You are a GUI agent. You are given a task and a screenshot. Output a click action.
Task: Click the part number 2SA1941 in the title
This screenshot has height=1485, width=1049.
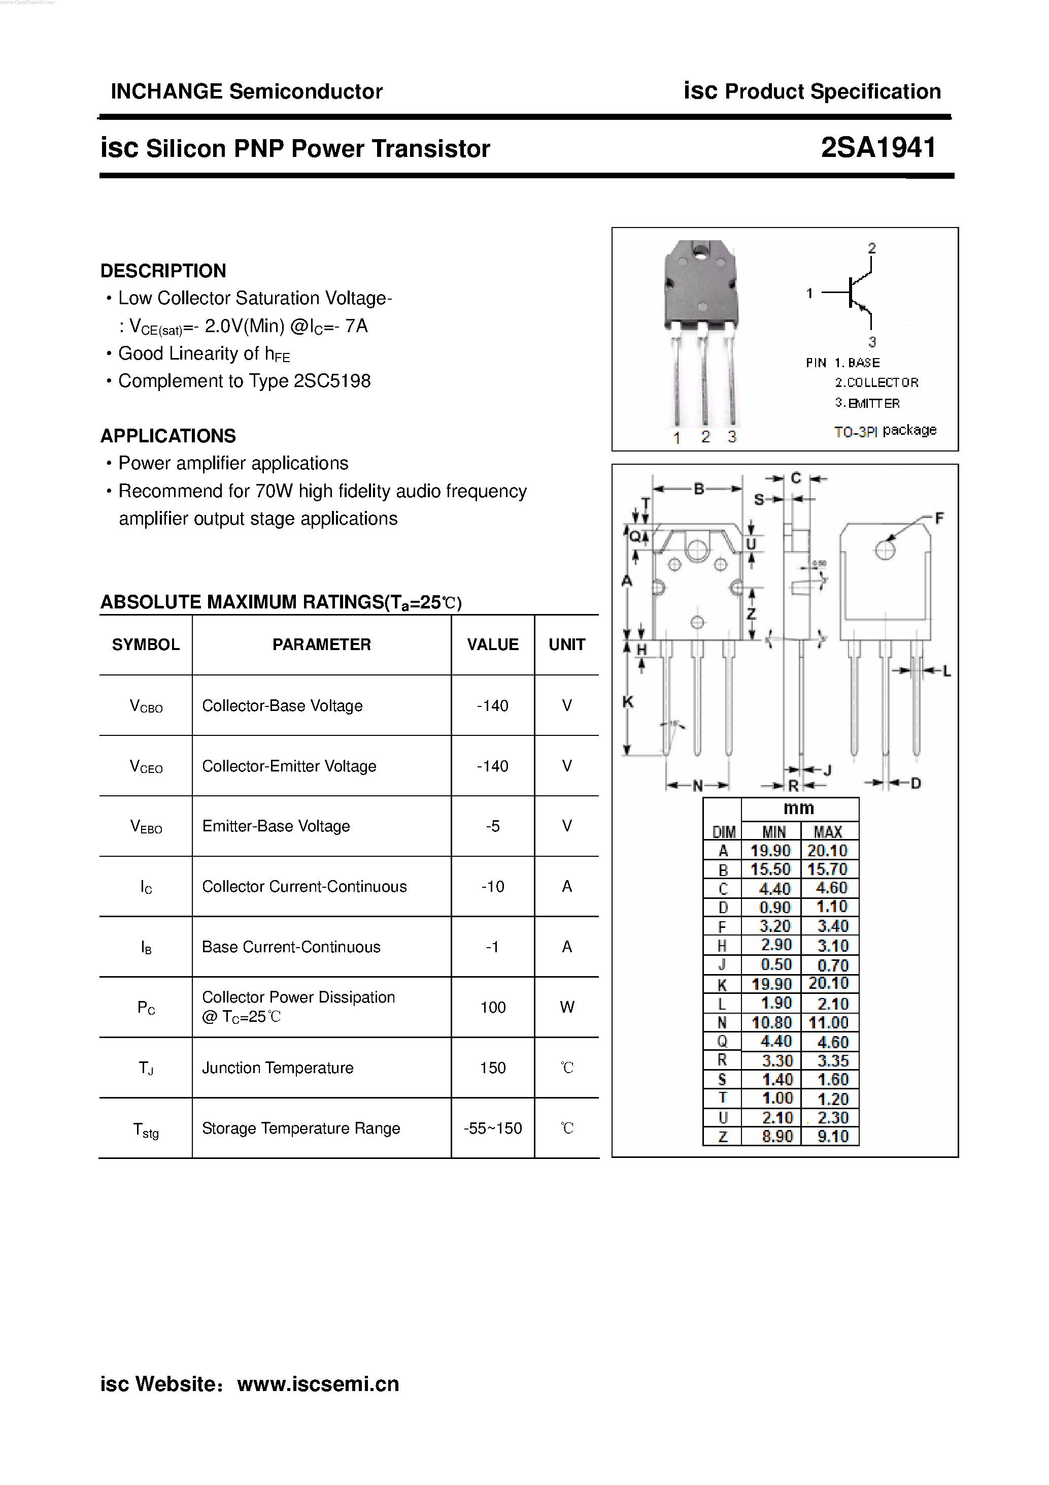tap(878, 148)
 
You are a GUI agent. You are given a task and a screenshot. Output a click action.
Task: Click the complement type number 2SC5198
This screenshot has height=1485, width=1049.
tap(332, 381)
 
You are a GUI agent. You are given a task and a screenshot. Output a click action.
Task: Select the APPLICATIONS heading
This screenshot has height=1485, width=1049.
tap(168, 436)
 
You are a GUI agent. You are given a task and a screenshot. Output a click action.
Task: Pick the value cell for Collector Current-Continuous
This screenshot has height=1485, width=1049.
tap(492, 886)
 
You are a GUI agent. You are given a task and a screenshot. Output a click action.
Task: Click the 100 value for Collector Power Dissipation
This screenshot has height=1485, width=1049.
tap(492, 1007)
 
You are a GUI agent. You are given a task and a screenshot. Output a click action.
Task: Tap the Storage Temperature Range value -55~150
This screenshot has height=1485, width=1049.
tap(492, 1128)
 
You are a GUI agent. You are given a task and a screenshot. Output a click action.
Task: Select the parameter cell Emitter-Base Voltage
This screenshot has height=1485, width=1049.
tap(276, 826)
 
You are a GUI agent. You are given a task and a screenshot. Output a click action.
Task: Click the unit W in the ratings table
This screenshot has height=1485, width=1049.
tap(567, 1007)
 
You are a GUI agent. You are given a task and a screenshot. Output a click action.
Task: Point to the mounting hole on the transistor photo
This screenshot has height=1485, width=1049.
tap(700, 250)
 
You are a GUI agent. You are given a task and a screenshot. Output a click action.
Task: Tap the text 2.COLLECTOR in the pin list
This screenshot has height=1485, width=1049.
tap(876, 383)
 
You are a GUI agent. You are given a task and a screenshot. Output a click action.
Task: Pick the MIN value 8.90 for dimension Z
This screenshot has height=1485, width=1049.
tap(776, 1137)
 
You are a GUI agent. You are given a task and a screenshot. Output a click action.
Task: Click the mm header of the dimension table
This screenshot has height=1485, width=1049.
tap(799, 809)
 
